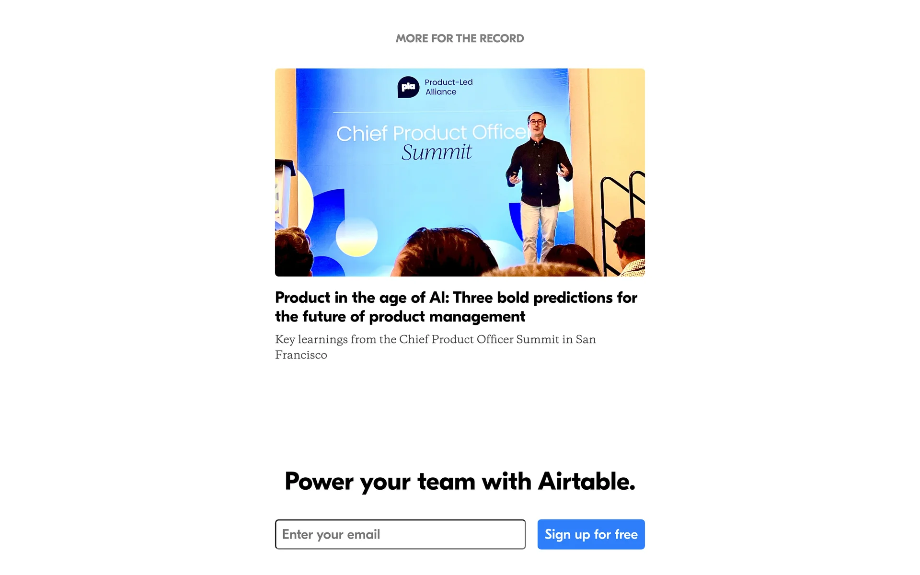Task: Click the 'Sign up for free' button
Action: pos(591,534)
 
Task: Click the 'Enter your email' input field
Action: pos(400,534)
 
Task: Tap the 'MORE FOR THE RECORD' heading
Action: pos(460,38)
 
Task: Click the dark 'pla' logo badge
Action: pos(408,87)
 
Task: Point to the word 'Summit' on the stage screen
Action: pos(437,152)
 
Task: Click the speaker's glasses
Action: pos(536,122)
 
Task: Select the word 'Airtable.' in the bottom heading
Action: pos(586,481)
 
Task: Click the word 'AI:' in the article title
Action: pos(439,298)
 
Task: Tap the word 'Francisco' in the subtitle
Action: pos(301,355)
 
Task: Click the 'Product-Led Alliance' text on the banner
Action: pos(448,87)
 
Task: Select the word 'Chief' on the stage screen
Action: pos(362,134)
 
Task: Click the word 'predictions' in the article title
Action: pos(573,298)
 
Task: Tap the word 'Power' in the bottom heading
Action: pos(319,482)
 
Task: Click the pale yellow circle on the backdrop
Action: pos(356,236)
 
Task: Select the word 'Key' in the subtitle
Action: pos(285,340)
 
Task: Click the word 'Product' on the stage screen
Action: pos(430,133)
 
